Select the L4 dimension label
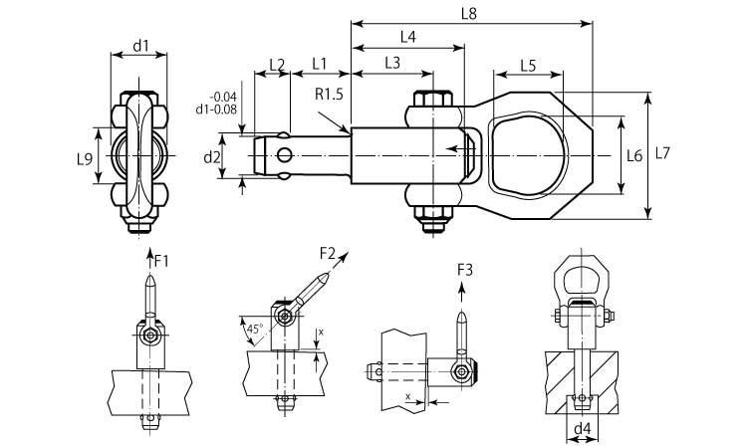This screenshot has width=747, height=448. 407,38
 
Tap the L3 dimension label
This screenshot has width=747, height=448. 391,63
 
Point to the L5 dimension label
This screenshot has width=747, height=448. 528,66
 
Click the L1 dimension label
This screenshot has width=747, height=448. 320,63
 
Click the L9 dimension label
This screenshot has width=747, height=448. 85,158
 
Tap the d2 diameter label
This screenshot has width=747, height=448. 211,157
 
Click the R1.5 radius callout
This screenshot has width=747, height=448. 329,96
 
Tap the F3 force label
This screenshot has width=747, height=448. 464,270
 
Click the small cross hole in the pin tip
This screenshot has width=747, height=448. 288,154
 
